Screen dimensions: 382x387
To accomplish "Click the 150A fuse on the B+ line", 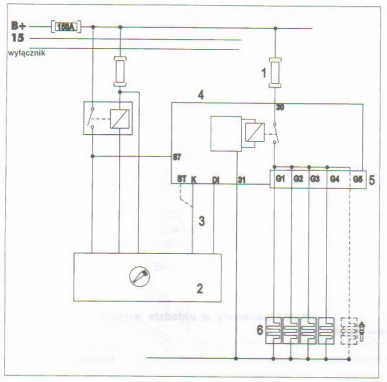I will (x=66, y=27).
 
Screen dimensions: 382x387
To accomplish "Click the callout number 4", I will (x=200, y=94).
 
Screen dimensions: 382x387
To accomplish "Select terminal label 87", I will (x=177, y=157).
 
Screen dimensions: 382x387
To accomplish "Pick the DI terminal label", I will (x=216, y=179).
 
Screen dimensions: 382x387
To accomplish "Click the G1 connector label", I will (x=281, y=179).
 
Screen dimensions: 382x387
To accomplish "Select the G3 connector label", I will (x=314, y=179).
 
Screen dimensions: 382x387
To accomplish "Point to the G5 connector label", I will (x=358, y=179).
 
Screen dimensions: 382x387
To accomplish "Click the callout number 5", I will (x=373, y=179).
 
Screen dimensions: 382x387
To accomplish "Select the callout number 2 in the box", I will (x=199, y=288).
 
